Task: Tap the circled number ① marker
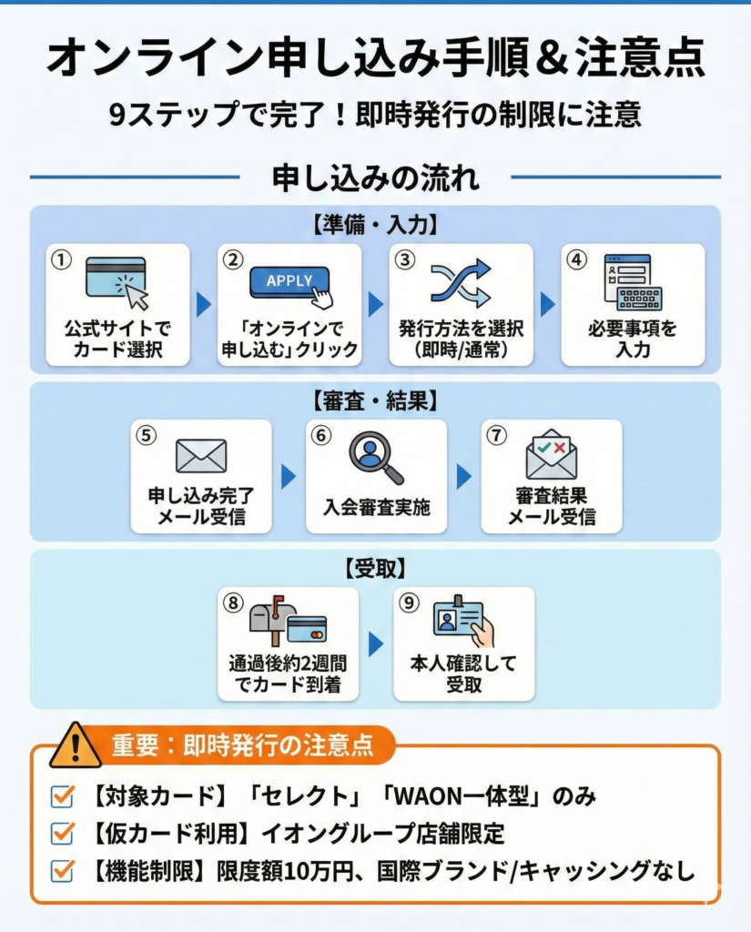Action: click(61, 259)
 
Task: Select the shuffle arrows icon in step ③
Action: click(461, 283)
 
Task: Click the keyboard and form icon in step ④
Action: click(633, 283)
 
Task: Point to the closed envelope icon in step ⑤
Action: click(201, 456)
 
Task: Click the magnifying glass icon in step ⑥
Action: click(375, 458)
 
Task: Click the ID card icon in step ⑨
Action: click(462, 623)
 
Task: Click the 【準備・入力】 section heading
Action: click(375, 224)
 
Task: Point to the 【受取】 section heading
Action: click(375, 569)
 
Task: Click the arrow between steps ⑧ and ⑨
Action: click(375, 644)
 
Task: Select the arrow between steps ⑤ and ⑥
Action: click(289, 476)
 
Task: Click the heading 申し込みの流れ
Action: click(375, 177)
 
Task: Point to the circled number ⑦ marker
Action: click(496, 435)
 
